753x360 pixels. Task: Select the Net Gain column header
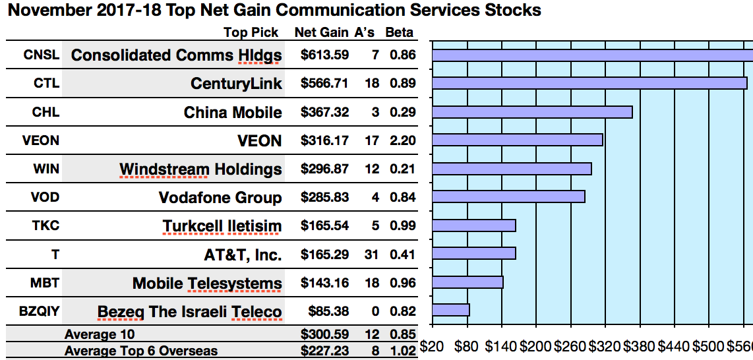321,32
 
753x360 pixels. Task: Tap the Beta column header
399,32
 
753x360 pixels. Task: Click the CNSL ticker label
41,55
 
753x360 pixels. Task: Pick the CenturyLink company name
236,84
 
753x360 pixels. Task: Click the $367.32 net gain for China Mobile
324,112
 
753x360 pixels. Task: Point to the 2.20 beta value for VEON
402,140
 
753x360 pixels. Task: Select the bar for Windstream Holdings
512,169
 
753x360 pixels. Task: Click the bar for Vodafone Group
508,196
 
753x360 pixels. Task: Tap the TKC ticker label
45,225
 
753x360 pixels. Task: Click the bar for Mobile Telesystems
467,282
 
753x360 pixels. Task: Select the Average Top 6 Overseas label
140,351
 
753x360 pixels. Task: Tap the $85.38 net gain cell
328,311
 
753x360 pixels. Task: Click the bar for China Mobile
532,112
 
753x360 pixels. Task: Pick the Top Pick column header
251,32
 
